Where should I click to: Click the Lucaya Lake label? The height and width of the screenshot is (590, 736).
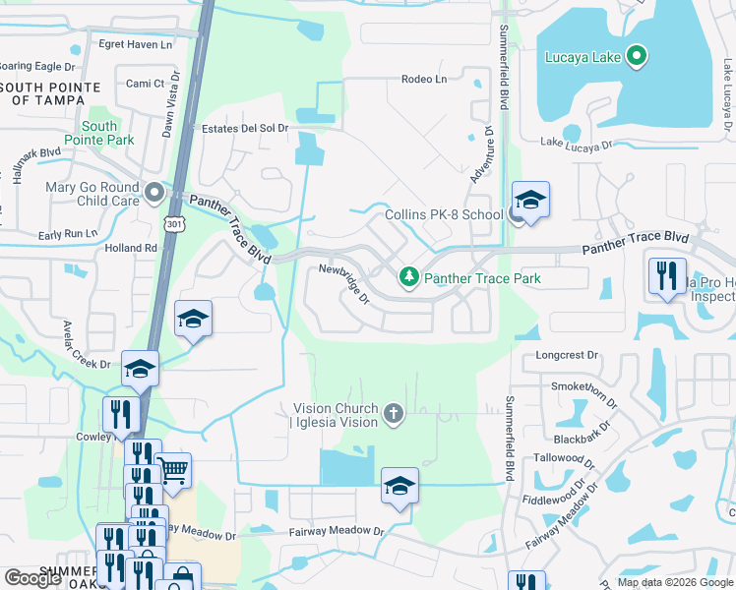click(x=583, y=57)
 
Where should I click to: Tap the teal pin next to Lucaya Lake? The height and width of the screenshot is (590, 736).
click(x=637, y=56)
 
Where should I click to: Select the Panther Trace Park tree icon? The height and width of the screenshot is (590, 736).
click(x=408, y=279)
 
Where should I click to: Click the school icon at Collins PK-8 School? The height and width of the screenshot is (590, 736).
click(x=530, y=201)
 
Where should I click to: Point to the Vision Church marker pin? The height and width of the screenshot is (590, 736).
click(x=394, y=413)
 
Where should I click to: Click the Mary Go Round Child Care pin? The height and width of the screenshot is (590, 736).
click(x=153, y=193)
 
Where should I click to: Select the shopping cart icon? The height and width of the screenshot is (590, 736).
click(x=173, y=471)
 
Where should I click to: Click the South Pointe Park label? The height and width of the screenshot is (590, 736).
click(x=99, y=133)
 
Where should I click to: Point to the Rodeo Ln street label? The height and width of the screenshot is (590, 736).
click(x=424, y=79)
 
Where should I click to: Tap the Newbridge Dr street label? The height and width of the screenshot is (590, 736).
click(x=342, y=283)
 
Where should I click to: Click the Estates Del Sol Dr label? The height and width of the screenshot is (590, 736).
click(x=245, y=128)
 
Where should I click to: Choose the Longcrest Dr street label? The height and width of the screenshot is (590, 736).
click(x=567, y=355)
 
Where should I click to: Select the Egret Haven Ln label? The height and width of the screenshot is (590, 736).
click(x=136, y=44)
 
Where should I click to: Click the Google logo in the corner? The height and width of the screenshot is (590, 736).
click(x=33, y=577)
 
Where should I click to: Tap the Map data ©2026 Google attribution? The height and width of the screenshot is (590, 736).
click(x=674, y=582)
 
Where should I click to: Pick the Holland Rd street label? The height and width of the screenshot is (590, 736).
click(x=131, y=249)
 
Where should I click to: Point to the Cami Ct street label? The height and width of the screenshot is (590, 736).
click(x=145, y=84)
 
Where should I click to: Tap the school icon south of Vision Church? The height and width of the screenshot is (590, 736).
click(x=399, y=486)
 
